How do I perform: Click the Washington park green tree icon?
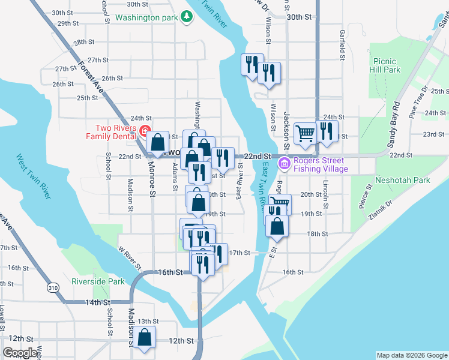point(188,17)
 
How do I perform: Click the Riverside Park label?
point(98,281)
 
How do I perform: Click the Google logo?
point(20,353)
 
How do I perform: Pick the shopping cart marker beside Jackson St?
point(306,134)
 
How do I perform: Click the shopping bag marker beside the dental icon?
point(157,142)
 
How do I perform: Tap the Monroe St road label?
point(152,178)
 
